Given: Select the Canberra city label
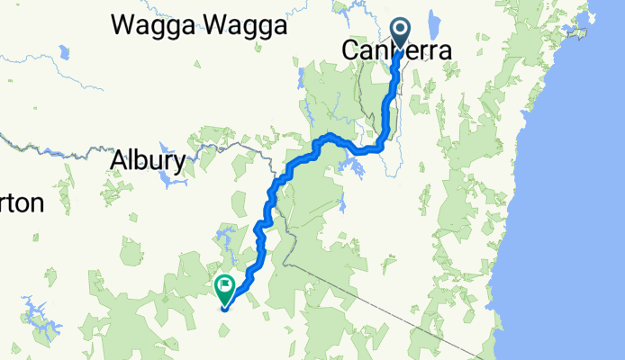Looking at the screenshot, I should (396, 51).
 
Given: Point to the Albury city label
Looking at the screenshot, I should (148, 160).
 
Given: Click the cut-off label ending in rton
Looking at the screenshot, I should (20, 203).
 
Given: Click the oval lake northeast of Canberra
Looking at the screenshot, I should (435, 20).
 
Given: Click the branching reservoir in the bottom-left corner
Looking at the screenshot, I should (38, 314).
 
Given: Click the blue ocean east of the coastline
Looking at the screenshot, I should (576, 225).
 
